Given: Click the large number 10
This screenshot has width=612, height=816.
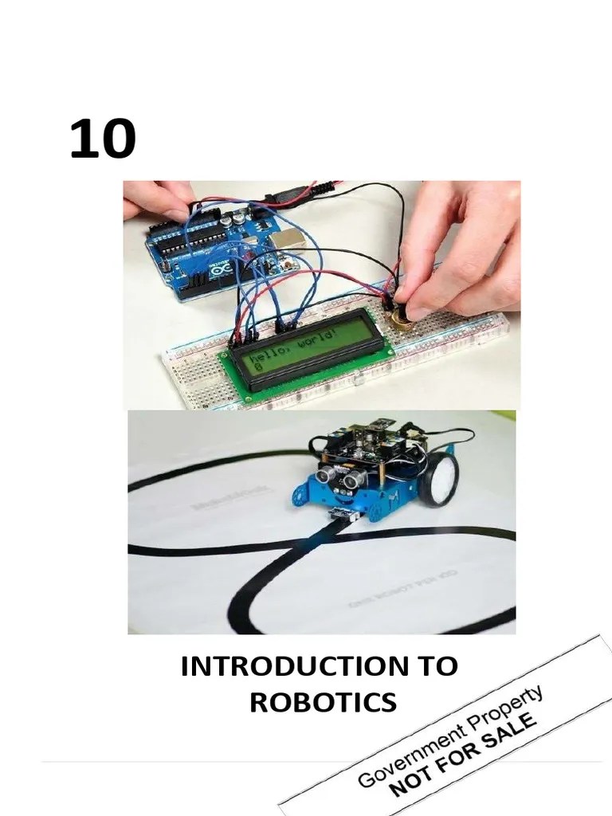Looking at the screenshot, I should click(x=102, y=139).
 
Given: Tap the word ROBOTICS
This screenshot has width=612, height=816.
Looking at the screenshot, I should click(x=322, y=702).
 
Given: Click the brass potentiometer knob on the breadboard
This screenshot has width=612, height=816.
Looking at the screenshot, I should click(x=402, y=320).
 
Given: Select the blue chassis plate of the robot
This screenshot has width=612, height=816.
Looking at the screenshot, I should click(x=375, y=498).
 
